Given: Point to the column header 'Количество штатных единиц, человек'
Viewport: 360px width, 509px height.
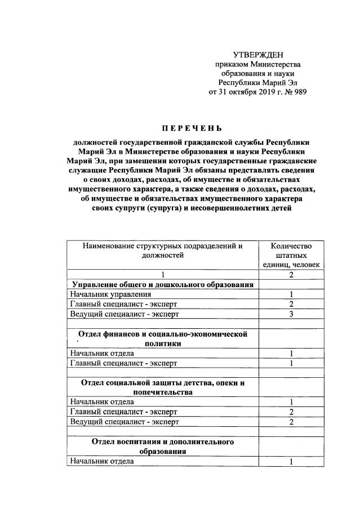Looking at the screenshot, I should click(x=291, y=255).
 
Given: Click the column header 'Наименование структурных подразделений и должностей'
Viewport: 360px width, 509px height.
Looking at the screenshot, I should click(x=162, y=251).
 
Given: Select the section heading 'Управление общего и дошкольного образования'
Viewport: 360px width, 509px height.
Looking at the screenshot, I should click(x=162, y=284).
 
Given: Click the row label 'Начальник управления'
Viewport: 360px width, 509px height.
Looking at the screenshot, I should click(x=110, y=294).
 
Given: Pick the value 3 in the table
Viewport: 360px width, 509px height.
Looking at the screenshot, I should click(x=291, y=314).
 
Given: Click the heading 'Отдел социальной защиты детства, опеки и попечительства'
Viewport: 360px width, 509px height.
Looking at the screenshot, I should click(x=162, y=387).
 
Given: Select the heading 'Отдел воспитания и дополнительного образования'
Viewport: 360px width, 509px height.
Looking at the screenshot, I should click(x=162, y=447).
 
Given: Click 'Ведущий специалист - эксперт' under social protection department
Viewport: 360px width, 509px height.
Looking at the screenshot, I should click(x=123, y=422).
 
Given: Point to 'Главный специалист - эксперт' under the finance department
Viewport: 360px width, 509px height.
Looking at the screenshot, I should click(x=123, y=363).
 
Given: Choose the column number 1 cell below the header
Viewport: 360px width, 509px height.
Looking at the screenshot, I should click(x=162, y=275).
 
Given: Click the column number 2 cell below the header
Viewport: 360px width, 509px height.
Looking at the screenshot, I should click(x=291, y=275).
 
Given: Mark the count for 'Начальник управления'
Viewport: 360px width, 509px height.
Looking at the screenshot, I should click(x=291, y=294).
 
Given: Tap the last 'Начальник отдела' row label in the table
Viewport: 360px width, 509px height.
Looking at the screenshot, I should click(x=102, y=461).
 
